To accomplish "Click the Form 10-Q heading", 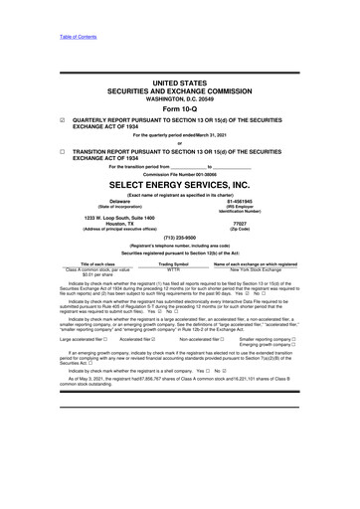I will [179, 110].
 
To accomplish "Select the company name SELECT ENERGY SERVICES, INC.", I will [179, 184].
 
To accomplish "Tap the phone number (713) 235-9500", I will [179, 238].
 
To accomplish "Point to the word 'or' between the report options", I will [179, 143].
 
